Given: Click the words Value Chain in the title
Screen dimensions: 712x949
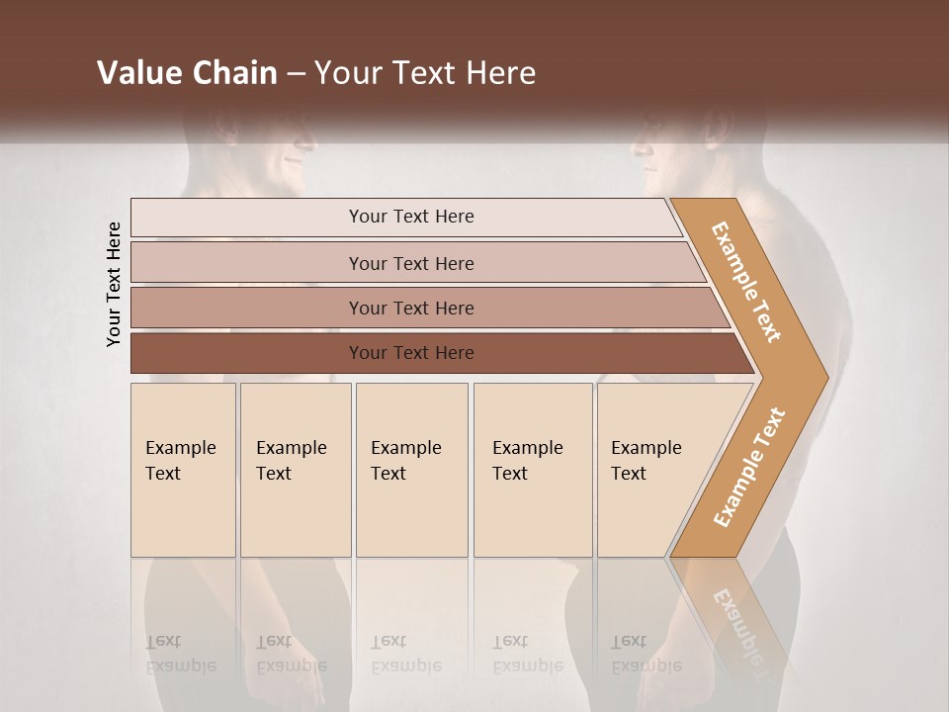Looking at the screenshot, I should [187, 73].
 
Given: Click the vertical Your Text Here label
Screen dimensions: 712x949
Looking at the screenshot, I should [114, 285].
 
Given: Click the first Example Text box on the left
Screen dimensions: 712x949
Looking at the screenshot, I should [183, 470].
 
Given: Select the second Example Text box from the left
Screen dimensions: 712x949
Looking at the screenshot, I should [296, 470].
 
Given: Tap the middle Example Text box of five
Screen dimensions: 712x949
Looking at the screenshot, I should [411, 470].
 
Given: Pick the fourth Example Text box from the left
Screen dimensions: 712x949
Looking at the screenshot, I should [533, 470].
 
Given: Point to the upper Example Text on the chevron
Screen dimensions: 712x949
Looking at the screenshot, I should [746, 282].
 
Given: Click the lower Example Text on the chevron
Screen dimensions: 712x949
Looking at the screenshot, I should [749, 467].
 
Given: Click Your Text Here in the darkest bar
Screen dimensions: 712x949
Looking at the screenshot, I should [411, 353].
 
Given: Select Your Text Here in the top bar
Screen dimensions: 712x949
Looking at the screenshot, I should [411, 217].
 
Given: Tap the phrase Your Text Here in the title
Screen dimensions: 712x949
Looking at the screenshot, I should [425, 73].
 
